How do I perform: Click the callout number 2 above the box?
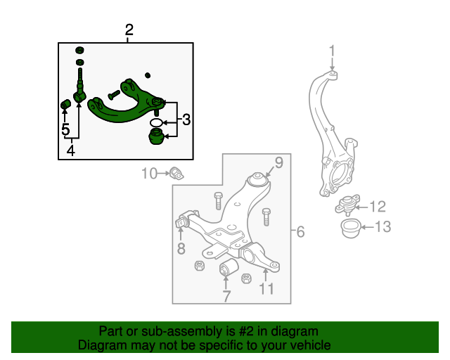pyautogui.click(x=129, y=30)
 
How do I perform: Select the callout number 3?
pyautogui.click(x=186, y=120)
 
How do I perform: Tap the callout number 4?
pyautogui.click(x=70, y=150)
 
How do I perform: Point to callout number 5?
pyautogui.click(x=65, y=130)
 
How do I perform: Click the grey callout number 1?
pyautogui.click(x=333, y=51)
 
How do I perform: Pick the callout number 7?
pyautogui.click(x=226, y=296)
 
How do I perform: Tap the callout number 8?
pyautogui.click(x=181, y=248)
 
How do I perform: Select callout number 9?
pyautogui.click(x=278, y=163)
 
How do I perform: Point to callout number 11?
pyautogui.click(x=266, y=288)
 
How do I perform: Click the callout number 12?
pyautogui.click(x=378, y=206)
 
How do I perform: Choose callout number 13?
pyautogui.click(x=381, y=226)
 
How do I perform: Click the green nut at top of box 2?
pyautogui.click(x=79, y=51)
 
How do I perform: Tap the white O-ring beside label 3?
pyautogui.click(x=157, y=123)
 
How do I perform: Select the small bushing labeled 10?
pyautogui.click(x=176, y=173)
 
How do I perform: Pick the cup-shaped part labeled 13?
pyautogui.click(x=349, y=227)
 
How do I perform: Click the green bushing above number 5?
pyautogui.click(x=63, y=105)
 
